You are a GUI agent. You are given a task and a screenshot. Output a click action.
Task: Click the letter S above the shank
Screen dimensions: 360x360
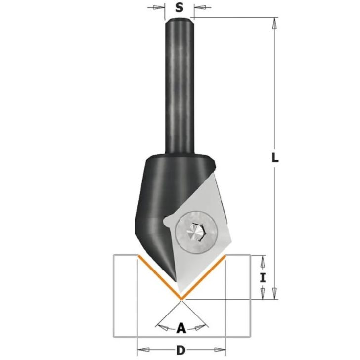[x=180, y=7]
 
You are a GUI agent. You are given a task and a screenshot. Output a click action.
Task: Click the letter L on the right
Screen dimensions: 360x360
[x=275, y=158]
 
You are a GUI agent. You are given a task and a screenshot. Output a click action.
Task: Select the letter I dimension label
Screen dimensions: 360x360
[x=263, y=278]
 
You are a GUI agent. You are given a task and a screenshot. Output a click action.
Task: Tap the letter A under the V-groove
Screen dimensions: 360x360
[x=181, y=328]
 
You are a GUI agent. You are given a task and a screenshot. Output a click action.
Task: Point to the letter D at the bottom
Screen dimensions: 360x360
[x=180, y=350]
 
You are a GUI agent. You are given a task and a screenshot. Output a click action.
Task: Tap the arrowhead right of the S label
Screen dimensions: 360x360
[x=199, y=7]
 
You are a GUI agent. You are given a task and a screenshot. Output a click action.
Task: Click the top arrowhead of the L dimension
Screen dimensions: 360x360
[x=274, y=24]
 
